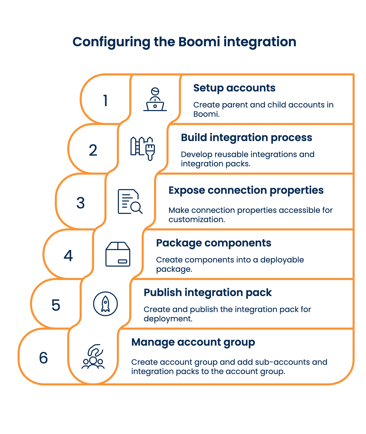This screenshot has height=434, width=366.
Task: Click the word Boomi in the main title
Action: [x=199, y=42]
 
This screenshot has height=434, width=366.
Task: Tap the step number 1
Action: [x=105, y=100]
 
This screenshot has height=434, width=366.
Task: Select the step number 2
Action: [x=93, y=150]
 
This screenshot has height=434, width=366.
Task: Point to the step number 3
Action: [x=81, y=203]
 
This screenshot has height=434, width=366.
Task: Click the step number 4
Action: [x=68, y=255]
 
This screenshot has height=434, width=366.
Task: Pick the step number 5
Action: [x=56, y=305]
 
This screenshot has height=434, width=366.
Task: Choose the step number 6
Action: [x=43, y=358]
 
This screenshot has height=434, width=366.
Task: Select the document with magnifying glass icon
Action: [x=130, y=202]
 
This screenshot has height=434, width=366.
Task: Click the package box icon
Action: [x=118, y=254]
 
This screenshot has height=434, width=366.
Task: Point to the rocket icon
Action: [x=105, y=304]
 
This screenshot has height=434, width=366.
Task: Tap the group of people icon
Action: [x=93, y=357]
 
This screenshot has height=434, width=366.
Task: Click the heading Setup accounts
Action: [x=234, y=88]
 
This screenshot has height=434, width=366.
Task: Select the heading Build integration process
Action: [x=246, y=138]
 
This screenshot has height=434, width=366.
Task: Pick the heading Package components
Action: [x=213, y=243]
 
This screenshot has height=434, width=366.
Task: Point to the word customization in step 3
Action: [x=196, y=220]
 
